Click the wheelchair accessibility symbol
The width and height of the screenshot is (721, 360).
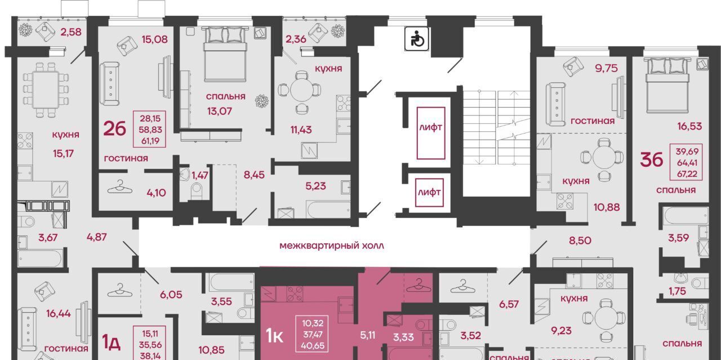click(x=416, y=39)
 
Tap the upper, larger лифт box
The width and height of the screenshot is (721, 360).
click(x=431, y=134)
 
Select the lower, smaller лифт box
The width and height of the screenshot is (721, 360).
click(x=429, y=193)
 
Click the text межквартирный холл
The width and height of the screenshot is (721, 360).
click(x=332, y=246)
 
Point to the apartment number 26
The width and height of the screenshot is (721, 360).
click(x=114, y=129)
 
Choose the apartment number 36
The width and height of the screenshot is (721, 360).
click(x=652, y=160)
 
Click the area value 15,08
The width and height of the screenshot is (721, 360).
click(x=154, y=39)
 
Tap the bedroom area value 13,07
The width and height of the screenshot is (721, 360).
click(x=220, y=112)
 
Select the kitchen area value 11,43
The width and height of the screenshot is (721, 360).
click(x=301, y=130)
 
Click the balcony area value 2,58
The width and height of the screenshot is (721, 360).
click(x=71, y=32)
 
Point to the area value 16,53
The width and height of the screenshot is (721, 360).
click(x=689, y=126)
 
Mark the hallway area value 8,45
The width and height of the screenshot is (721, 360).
click(x=254, y=175)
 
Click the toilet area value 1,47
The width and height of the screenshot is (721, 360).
click(x=200, y=175)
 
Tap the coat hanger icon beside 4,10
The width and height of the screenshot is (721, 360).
click(x=120, y=187)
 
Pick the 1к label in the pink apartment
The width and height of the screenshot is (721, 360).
click(x=274, y=336)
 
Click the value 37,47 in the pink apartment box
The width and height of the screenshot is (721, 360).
click(x=313, y=335)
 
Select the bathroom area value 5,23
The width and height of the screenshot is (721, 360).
click(x=315, y=186)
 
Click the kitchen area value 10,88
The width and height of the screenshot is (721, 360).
click(x=607, y=207)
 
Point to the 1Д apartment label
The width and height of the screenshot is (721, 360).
click(x=112, y=342)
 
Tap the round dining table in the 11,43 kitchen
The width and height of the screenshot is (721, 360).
click(x=301, y=90)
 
